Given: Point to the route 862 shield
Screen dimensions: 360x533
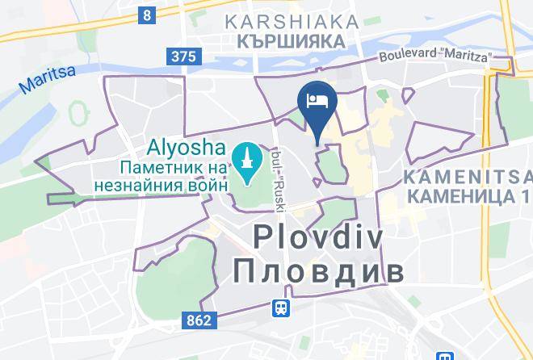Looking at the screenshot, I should coord(198,320).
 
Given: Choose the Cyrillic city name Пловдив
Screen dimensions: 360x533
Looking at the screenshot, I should coord(318,271).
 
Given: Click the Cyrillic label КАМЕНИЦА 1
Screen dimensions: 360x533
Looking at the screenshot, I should coord(469,195).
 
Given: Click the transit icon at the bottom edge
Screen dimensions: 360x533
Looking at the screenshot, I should coord(443,355).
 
